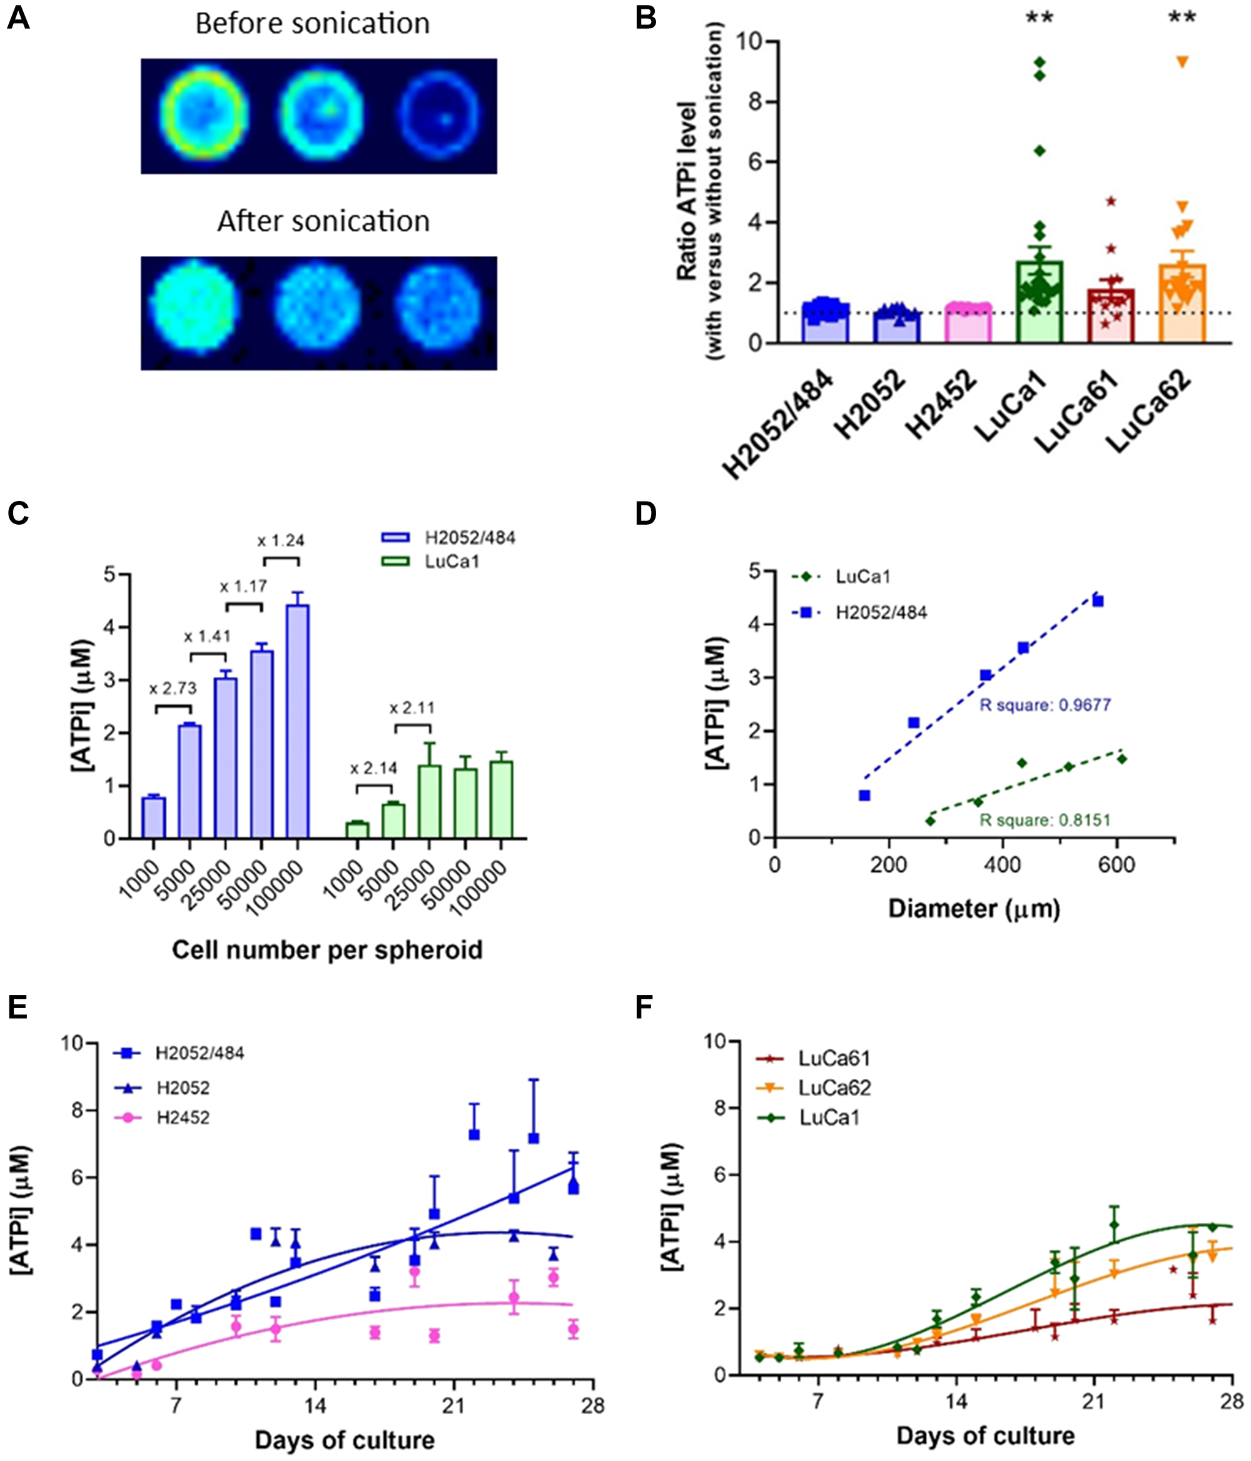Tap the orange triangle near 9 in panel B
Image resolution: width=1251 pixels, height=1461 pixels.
pyautogui.click(x=1183, y=62)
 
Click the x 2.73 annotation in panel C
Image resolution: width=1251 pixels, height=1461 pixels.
pyautogui.click(x=173, y=688)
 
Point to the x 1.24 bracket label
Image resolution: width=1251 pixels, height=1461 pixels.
pyautogui.click(x=281, y=541)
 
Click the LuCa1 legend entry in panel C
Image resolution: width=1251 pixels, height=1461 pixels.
pyautogui.click(x=430, y=562)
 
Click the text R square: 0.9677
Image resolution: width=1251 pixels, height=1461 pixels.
pyautogui.click(x=1045, y=704)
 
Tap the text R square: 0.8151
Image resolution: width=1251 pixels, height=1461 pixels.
pyautogui.click(x=1045, y=820)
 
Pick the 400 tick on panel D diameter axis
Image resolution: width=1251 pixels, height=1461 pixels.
pyautogui.click(x=1002, y=864)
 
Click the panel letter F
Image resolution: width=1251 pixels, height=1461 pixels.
pyautogui.click(x=643, y=1008)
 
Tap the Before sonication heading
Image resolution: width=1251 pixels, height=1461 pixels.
pyautogui.click(x=312, y=23)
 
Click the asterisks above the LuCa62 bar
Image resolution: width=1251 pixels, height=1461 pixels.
pyautogui.click(x=1183, y=16)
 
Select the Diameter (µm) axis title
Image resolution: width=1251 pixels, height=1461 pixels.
pyautogui.click(x=974, y=908)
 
